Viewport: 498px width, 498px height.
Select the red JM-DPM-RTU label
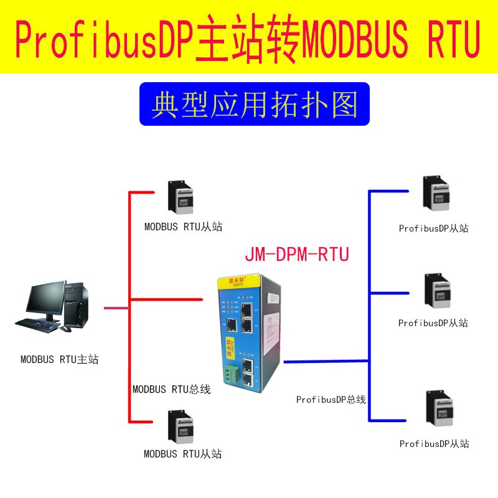tap(296, 254)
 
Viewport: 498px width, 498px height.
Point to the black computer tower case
tap(76, 305)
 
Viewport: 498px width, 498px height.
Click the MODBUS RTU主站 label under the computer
tap(59, 359)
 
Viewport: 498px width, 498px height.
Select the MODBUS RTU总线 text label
tap(171, 390)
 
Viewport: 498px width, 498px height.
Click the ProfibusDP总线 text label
tap(331, 399)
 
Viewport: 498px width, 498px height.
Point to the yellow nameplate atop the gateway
tap(232, 281)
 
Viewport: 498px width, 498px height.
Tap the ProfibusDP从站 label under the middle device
tap(433, 323)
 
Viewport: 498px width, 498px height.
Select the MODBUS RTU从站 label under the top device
tap(183, 227)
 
